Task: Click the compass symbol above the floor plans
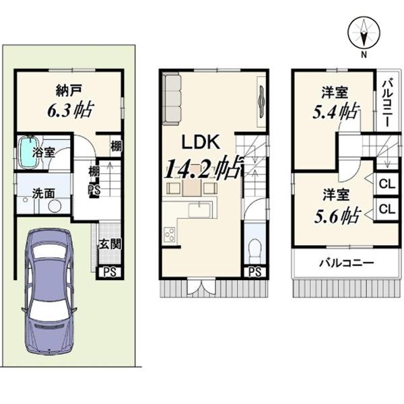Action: click(x=364, y=33)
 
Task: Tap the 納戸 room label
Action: click(x=69, y=91)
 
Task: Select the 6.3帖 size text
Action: click(x=70, y=110)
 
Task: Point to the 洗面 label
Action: click(x=44, y=193)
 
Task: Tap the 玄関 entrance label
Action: click(x=110, y=244)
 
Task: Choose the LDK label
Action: click(x=201, y=142)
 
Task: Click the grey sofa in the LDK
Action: click(x=172, y=100)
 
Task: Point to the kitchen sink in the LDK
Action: click(x=200, y=210)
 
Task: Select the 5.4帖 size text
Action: click(x=335, y=111)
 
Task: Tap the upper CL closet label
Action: click(x=387, y=184)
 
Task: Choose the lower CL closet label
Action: click(x=387, y=209)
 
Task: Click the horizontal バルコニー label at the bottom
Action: click(x=347, y=263)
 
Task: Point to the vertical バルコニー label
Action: click(x=388, y=104)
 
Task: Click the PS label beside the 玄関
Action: click(x=110, y=272)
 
